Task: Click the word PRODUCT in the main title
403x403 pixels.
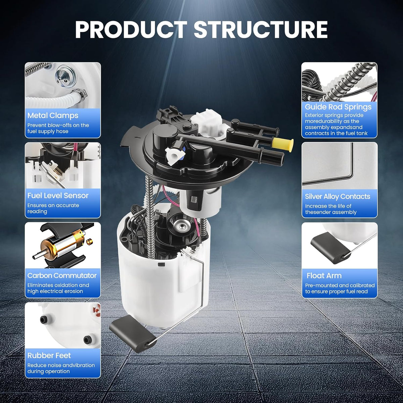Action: [131, 30]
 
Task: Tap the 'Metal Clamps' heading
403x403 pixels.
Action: [53, 116]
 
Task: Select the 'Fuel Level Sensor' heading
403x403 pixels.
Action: [58, 195]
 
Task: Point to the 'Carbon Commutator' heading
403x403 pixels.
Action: [62, 275]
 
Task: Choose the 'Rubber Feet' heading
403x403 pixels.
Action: [49, 356]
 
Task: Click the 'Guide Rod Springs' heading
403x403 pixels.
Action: [338, 107]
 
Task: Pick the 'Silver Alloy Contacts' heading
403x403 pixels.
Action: [338, 196]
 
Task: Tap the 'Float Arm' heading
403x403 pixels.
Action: [324, 276]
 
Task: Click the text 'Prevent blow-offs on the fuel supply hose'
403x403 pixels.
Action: [58, 128]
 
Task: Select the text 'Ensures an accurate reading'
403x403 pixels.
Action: [53, 208]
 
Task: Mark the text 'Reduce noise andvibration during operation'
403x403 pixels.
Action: [61, 368]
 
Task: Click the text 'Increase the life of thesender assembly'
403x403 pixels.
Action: [331, 209]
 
